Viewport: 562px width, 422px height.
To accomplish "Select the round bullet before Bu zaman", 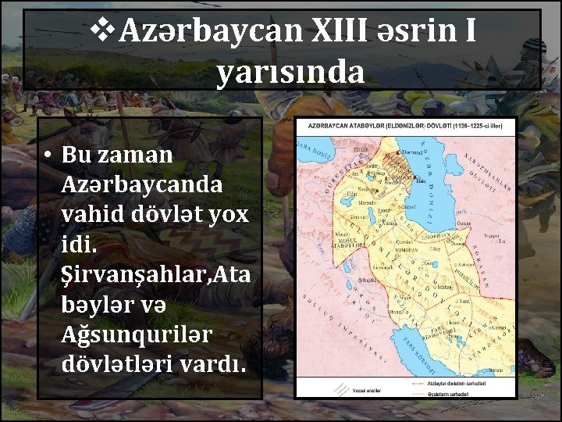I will click(x=48, y=155).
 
